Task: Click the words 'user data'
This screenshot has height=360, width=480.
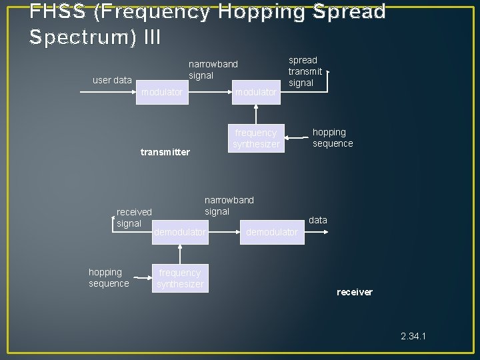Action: [x=112, y=80]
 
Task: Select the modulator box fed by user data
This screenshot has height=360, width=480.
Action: [x=161, y=93]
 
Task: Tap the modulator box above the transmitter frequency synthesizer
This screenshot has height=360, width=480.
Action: [x=256, y=93]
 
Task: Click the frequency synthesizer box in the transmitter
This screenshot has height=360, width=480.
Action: [x=256, y=138]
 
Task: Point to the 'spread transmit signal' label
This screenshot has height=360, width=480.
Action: [x=305, y=71]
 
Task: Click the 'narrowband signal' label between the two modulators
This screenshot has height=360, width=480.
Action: [x=213, y=70]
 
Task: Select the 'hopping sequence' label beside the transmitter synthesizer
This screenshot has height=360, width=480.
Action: [x=333, y=138]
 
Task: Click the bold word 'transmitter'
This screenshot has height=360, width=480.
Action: [x=165, y=152]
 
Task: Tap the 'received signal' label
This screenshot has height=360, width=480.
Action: [x=133, y=217]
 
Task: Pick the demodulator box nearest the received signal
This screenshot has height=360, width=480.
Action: [x=180, y=232]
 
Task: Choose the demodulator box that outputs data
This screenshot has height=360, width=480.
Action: [x=272, y=232]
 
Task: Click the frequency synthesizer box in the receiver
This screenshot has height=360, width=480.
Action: [x=180, y=278]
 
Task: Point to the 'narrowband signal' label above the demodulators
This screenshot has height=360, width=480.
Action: [x=229, y=205]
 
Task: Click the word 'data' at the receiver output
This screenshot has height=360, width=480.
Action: [x=318, y=220]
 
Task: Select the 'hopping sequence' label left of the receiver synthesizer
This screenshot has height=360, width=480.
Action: [x=109, y=278]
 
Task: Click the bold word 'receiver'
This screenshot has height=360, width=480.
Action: [x=355, y=292]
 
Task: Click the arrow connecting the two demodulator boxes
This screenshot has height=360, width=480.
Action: [x=224, y=232]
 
